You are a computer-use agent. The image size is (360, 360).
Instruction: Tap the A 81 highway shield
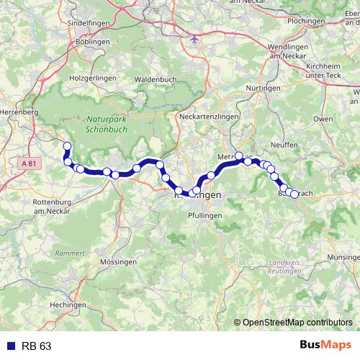(30, 165)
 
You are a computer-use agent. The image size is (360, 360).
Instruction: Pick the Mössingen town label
(120, 263)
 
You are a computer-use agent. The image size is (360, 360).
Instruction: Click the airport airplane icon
(196, 39)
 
